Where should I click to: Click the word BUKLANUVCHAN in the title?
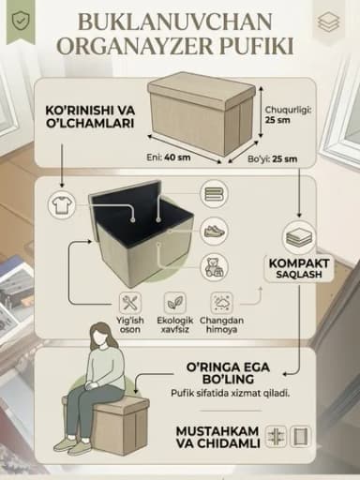pyautogui.click(x=175, y=22)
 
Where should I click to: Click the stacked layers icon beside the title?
pyautogui.click(x=329, y=22)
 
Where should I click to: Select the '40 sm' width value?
pyautogui.click(x=177, y=157)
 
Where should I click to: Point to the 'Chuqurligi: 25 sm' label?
pyautogui.click(x=288, y=114)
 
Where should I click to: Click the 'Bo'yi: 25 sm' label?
pyautogui.click(x=272, y=158)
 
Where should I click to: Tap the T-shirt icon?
pyautogui.click(x=62, y=205)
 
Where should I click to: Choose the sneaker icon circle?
pyautogui.click(x=215, y=232)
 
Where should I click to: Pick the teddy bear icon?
pyautogui.click(x=215, y=267)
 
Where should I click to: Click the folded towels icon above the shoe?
pyautogui.click(x=215, y=194)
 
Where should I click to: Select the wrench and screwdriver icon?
pyautogui.click(x=130, y=303)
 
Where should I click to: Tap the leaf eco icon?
pyautogui.click(x=175, y=303)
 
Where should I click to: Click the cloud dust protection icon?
pyautogui.click(x=221, y=303)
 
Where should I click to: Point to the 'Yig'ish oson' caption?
pyautogui.click(x=130, y=325)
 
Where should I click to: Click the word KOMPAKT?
pyautogui.click(x=299, y=263)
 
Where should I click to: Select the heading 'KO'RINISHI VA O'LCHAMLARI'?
pyautogui.click(x=90, y=117)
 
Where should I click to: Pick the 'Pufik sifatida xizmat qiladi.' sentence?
pyautogui.click(x=231, y=393)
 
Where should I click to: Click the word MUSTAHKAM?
pyautogui.click(x=217, y=431)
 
